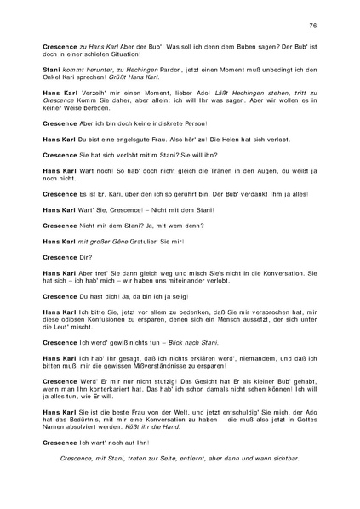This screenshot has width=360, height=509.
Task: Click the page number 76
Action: point(312,26)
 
